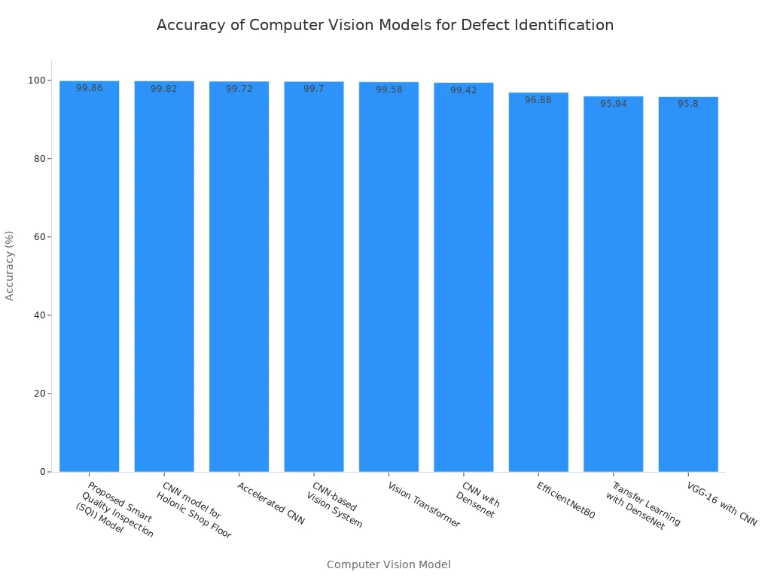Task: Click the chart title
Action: pos(385,25)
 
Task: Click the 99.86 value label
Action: pos(90,88)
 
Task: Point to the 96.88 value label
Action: pos(538,100)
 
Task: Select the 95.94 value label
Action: pos(613,104)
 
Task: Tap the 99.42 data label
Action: pos(464,90)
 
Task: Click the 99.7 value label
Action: pos(314,89)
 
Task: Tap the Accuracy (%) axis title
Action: pos(10,266)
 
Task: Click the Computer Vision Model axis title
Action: pos(389,564)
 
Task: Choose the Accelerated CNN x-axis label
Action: pos(271,503)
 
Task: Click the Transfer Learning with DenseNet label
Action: pos(641,505)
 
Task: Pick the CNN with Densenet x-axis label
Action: pos(478,500)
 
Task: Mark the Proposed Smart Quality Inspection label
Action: pos(115,510)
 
